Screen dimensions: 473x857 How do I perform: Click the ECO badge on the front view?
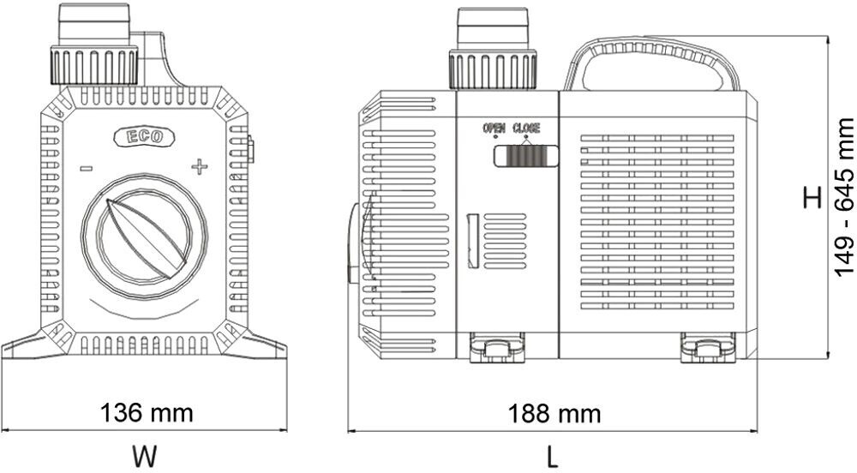[x=143, y=135]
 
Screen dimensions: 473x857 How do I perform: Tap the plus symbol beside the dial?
[x=199, y=166]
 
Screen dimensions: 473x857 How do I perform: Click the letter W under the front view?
[x=144, y=454]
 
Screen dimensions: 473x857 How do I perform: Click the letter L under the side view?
[x=554, y=454]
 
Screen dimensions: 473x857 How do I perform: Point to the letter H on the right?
[x=812, y=198]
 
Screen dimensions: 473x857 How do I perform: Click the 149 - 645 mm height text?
[x=845, y=198]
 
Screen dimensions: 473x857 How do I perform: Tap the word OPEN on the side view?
[x=494, y=129]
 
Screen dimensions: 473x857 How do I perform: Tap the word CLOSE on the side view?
[x=526, y=129]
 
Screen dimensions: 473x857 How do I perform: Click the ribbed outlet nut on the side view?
[x=493, y=68]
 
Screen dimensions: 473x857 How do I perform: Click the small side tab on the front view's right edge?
[x=250, y=149]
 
